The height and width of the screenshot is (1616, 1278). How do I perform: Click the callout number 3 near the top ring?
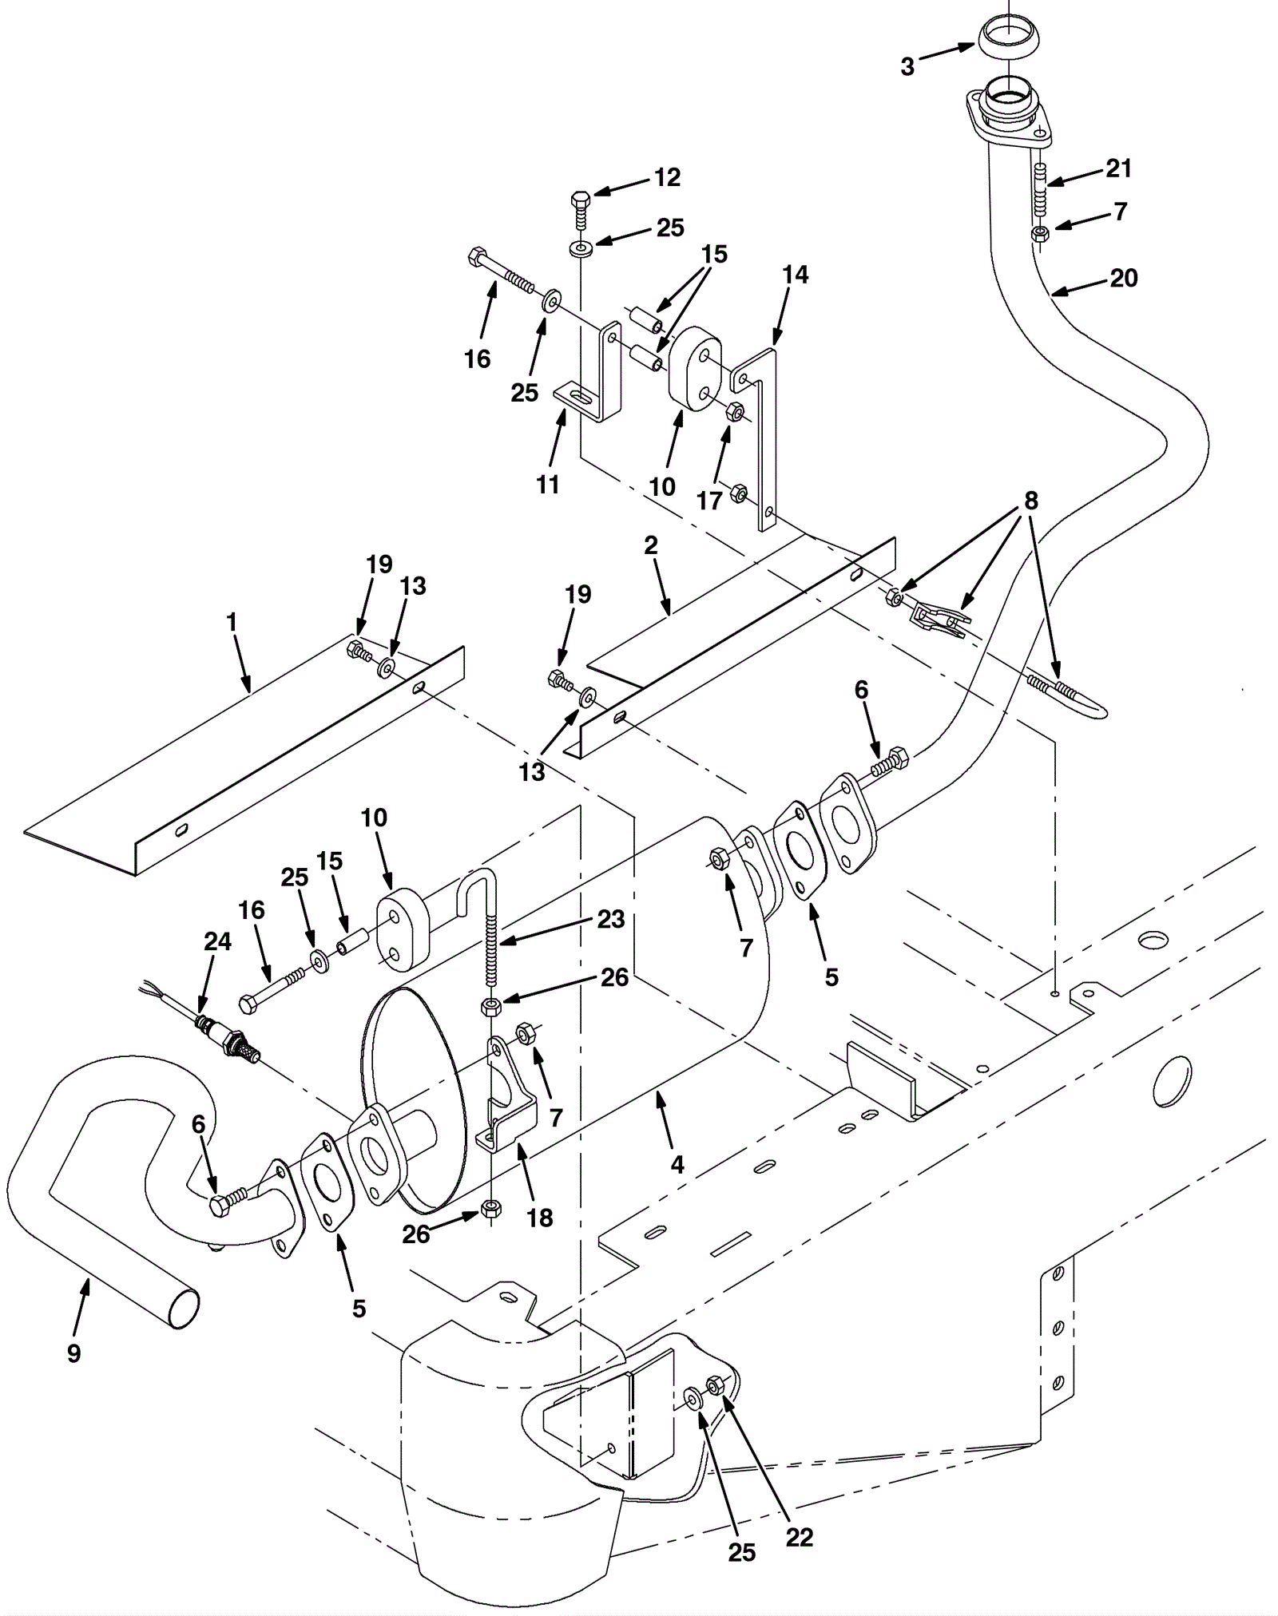pos(907,67)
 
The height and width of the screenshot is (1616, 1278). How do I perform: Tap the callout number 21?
pos(1118,168)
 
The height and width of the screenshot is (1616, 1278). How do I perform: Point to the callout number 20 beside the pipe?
pos(1123,278)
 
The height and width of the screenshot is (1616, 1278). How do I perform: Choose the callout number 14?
pos(795,275)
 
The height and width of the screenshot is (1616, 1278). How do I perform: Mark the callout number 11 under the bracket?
pos(548,484)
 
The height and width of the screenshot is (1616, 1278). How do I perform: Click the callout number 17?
pos(709,501)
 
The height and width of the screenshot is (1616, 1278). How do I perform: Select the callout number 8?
pos(1031,501)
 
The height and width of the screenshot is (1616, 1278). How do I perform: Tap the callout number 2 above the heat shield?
pos(651,545)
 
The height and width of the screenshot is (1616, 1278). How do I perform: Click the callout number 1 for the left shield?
pos(232,622)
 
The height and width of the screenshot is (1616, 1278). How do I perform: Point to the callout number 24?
pos(217,942)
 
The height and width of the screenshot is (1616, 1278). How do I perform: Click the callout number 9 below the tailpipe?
pos(73,1353)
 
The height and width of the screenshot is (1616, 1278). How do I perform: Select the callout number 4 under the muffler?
pos(677,1165)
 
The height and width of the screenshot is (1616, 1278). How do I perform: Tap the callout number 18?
pos(540,1218)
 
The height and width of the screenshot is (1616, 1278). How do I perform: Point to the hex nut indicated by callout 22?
pos(716,1385)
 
